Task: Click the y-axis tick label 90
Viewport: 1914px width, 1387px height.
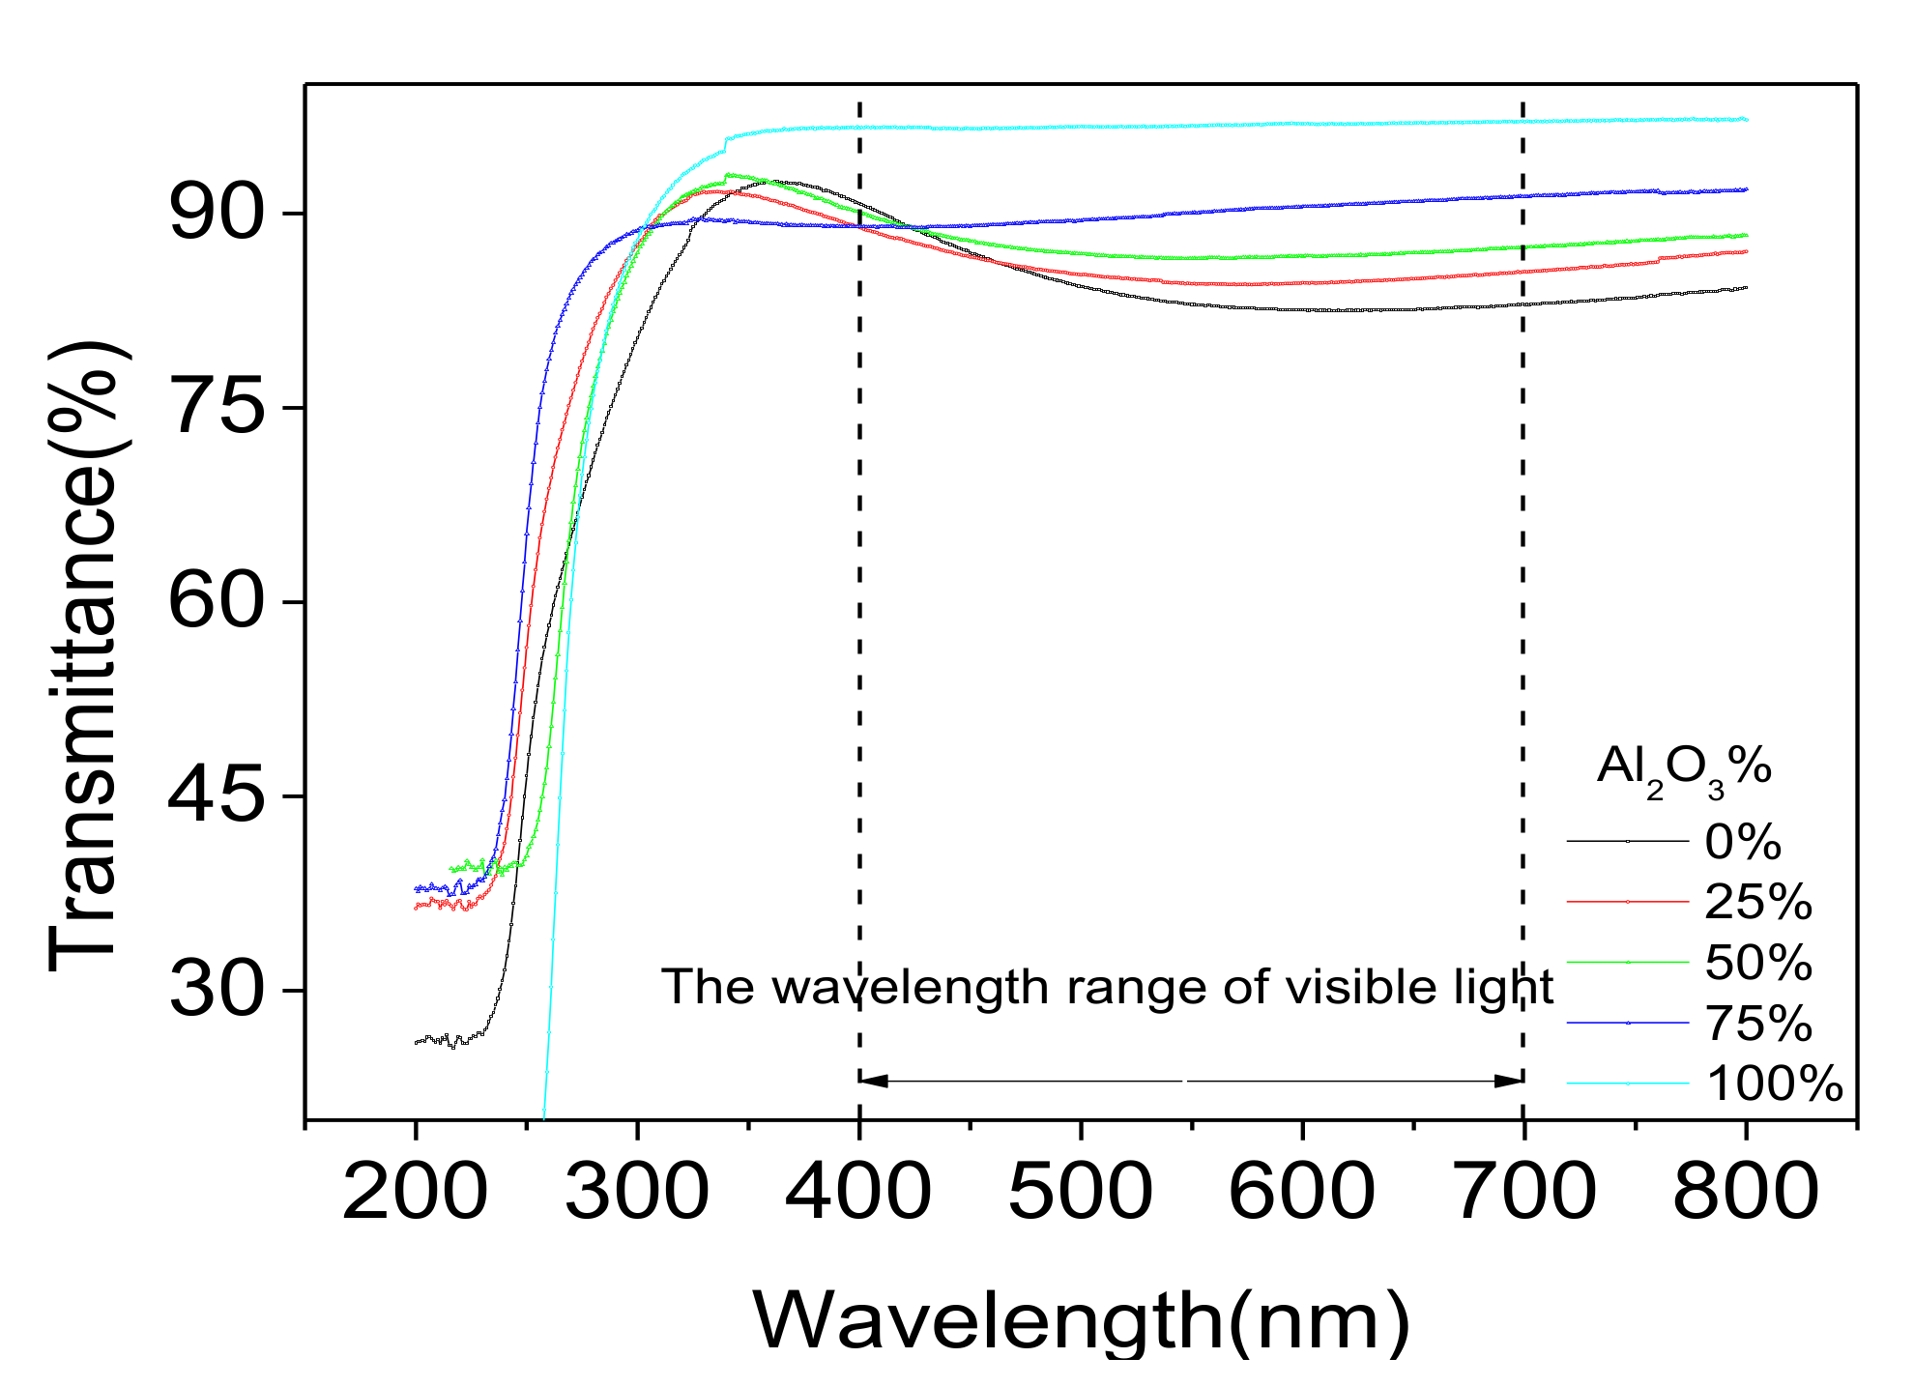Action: click(216, 214)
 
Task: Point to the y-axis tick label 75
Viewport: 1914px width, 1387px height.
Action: click(216, 408)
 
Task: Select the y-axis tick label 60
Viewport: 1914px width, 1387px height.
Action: click(216, 601)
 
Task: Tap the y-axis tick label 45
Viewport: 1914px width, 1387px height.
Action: click(216, 795)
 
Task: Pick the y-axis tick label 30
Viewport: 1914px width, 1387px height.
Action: click(216, 990)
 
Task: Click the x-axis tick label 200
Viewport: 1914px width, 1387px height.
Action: click(416, 1193)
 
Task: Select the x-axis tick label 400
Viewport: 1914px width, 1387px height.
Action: click(858, 1193)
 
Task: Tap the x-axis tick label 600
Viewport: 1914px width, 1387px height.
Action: click(1301, 1193)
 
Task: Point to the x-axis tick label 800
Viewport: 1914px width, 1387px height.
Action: click(1745, 1193)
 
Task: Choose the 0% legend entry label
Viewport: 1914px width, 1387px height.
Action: click(1743, 842)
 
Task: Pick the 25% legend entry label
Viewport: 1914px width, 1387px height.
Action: click(1757, 902)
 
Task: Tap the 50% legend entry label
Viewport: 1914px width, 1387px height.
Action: click(1757, 963)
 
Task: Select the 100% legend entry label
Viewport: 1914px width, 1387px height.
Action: click(1775, 1084)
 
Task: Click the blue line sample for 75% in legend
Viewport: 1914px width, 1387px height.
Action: click(1628, 1024)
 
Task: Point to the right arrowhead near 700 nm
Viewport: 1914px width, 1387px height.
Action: click(1509, 1081)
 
